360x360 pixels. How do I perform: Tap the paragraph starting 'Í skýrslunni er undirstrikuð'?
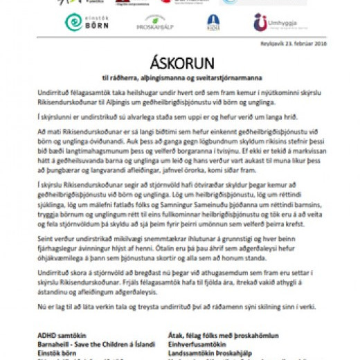coord(166,118)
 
